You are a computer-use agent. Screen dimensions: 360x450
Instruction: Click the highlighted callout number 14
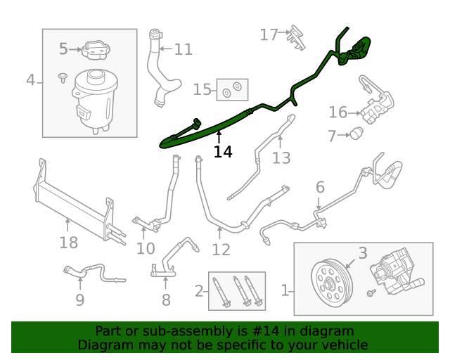tap(223, 151)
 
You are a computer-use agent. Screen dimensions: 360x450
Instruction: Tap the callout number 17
tap(269, 34)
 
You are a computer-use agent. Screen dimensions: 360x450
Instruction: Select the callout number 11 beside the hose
tap(183, 49)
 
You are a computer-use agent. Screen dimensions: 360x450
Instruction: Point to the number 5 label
tap(63, 49)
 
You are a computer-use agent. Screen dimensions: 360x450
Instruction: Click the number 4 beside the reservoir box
tap(30, 80)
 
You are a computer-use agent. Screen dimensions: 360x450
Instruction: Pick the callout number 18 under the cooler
tap(68, 243)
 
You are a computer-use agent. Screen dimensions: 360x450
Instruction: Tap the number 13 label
tap(281, 158)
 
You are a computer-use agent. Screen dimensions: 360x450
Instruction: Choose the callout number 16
tap(338, 112)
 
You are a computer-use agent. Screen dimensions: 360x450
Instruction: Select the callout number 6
tap(320, 187)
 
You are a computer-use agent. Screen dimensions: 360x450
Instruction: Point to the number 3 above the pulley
tap(363, 252)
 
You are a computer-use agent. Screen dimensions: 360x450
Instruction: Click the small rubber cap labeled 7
tap(356, 133)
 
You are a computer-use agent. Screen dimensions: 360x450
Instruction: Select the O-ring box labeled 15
tap(231, 89)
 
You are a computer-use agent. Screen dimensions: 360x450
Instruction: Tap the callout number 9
tap(80, 300)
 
